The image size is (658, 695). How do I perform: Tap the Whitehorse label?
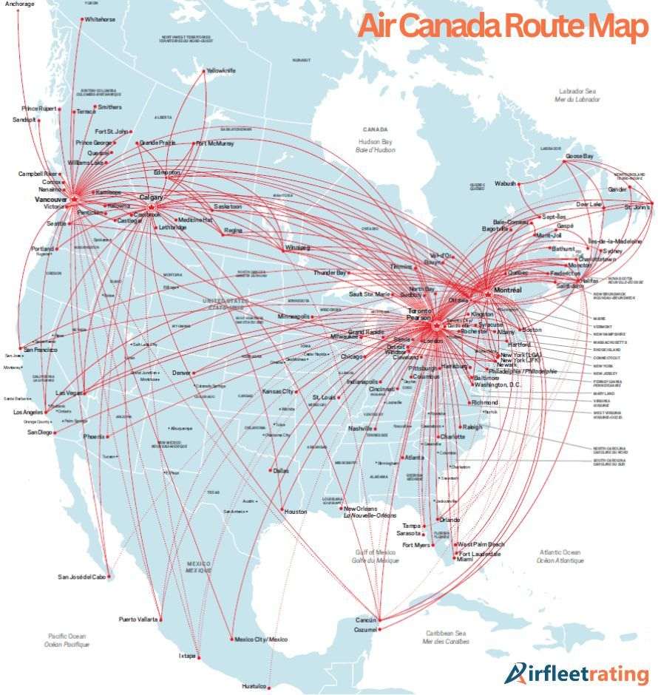[x=100, y=19]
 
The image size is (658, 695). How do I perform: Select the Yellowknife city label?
[x=220, y=70]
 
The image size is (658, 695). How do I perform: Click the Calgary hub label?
[x=151, y=197]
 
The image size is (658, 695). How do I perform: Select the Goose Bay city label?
[x=580, y=157]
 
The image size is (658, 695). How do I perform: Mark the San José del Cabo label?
[x=83, y=577]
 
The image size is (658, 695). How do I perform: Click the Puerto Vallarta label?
[x=138, y=619]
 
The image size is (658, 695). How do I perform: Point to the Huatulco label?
[x=254, y=686]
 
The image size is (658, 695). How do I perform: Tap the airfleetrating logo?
[x=576, y=674]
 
